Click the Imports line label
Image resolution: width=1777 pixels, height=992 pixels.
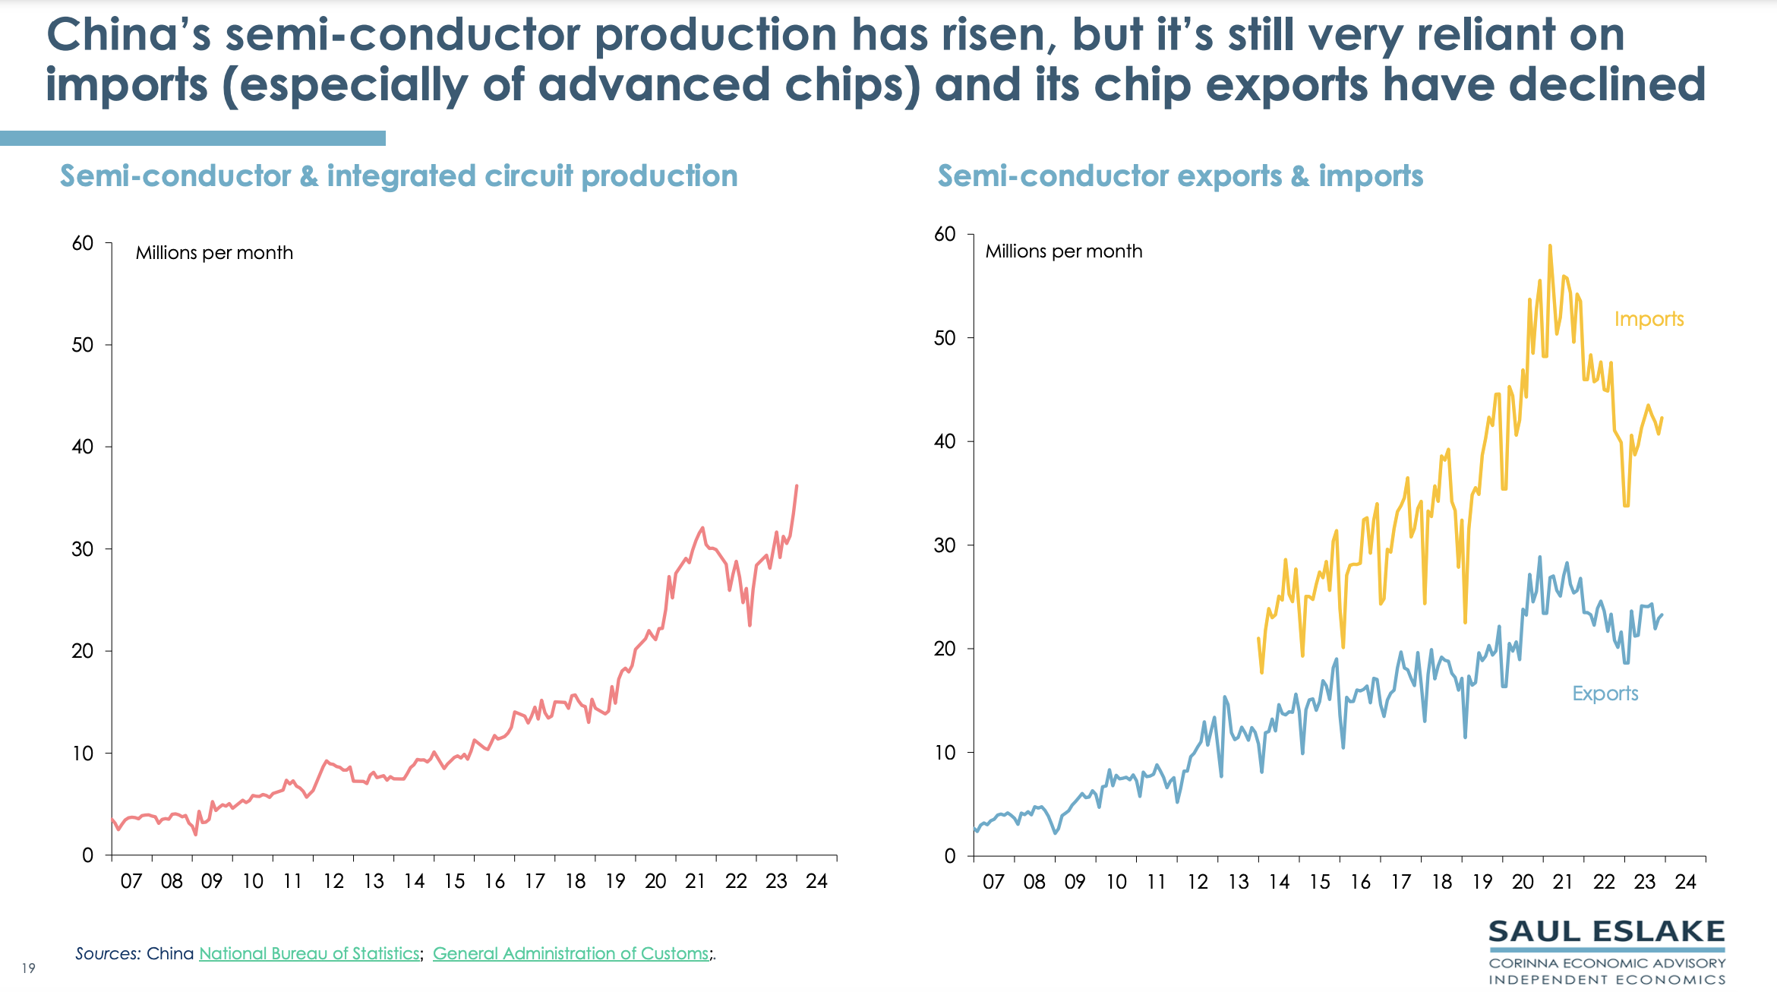[x=1649, y=319]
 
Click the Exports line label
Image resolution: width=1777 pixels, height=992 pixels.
[x=1605, y=693]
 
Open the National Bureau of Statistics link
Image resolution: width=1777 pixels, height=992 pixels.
[x=309, y=953]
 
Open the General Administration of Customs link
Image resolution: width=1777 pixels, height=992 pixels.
[x=570, y=953]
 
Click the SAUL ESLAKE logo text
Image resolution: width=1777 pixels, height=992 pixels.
[x=1606, y=932]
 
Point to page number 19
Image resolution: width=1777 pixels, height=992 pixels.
[x=29, y=968]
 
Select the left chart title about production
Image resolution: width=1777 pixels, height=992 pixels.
[x=399, y=176]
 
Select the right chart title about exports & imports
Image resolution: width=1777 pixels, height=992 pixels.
[x=1180, y=176]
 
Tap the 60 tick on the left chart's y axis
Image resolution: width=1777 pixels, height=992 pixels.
[x=83, y=243]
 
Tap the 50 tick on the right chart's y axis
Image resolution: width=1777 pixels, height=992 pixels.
[x=945, y=338]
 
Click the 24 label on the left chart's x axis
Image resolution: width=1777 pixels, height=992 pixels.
[x=816, y=881]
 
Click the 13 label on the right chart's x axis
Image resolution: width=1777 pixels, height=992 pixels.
[x=1239, y=882]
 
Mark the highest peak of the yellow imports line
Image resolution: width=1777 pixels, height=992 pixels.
[x=1550, y=246]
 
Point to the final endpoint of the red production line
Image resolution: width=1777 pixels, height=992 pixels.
[x=797, y=485]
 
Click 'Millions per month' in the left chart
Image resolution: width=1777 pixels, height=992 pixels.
[x=214, y=253]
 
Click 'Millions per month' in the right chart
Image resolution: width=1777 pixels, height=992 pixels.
[x=1063, y=251]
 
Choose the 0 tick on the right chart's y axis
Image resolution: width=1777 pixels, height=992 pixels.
[x=950, y=856]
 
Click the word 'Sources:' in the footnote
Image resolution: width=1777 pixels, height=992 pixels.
[x=107, y=953]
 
